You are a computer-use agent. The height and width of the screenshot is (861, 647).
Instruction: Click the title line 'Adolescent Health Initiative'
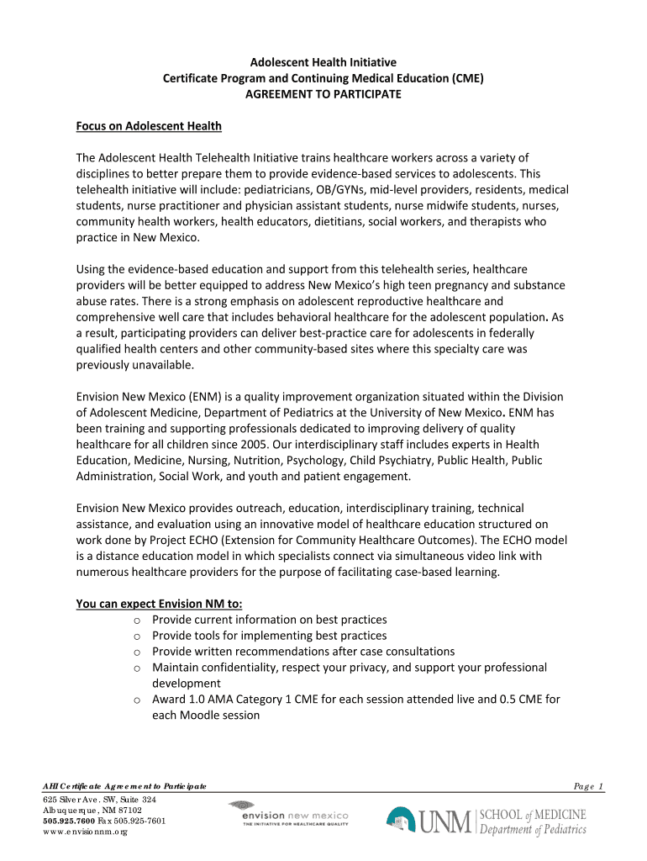323,62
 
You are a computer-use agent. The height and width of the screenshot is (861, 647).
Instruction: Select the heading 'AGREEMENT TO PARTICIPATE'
323,94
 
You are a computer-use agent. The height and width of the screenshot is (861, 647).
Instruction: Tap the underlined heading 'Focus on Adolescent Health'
149,126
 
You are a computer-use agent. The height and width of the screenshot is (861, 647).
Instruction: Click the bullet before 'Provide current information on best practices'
136,620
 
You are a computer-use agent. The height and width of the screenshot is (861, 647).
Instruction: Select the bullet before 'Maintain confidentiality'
136,668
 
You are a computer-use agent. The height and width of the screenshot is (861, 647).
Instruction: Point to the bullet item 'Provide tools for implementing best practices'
269,636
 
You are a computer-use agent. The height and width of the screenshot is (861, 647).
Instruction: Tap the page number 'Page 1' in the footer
588,786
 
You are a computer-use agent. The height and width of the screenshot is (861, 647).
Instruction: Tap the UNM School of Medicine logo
487,821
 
